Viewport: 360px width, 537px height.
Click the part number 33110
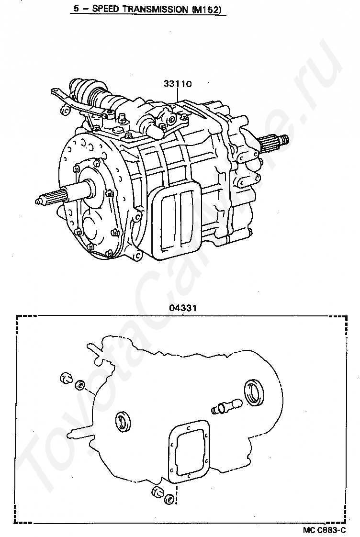coord(178,84)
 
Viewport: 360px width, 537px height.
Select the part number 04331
coord(182,308)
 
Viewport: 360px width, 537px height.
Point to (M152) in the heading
coord(208,9)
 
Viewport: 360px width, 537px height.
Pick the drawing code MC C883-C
coord(324,530)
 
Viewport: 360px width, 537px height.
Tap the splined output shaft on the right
coord(275,141)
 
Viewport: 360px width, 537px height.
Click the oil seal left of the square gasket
coord(123,420)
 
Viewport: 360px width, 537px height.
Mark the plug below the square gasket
coord(157,493)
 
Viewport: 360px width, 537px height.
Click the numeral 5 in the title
coord(76,9)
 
